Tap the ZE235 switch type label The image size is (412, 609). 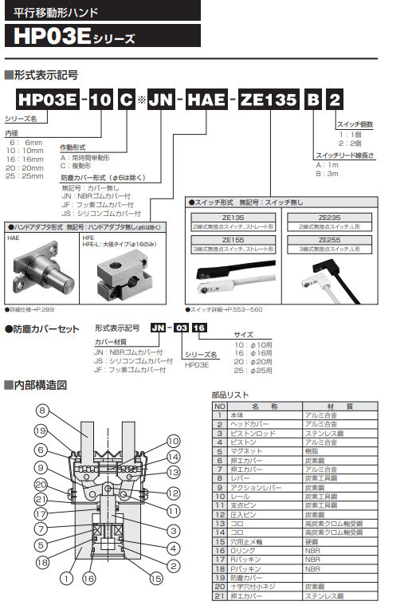click(329, 217)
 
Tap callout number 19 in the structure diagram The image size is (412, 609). click(41, 431)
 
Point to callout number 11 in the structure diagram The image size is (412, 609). click(174, 509)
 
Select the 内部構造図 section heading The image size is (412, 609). click(40, 385)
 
